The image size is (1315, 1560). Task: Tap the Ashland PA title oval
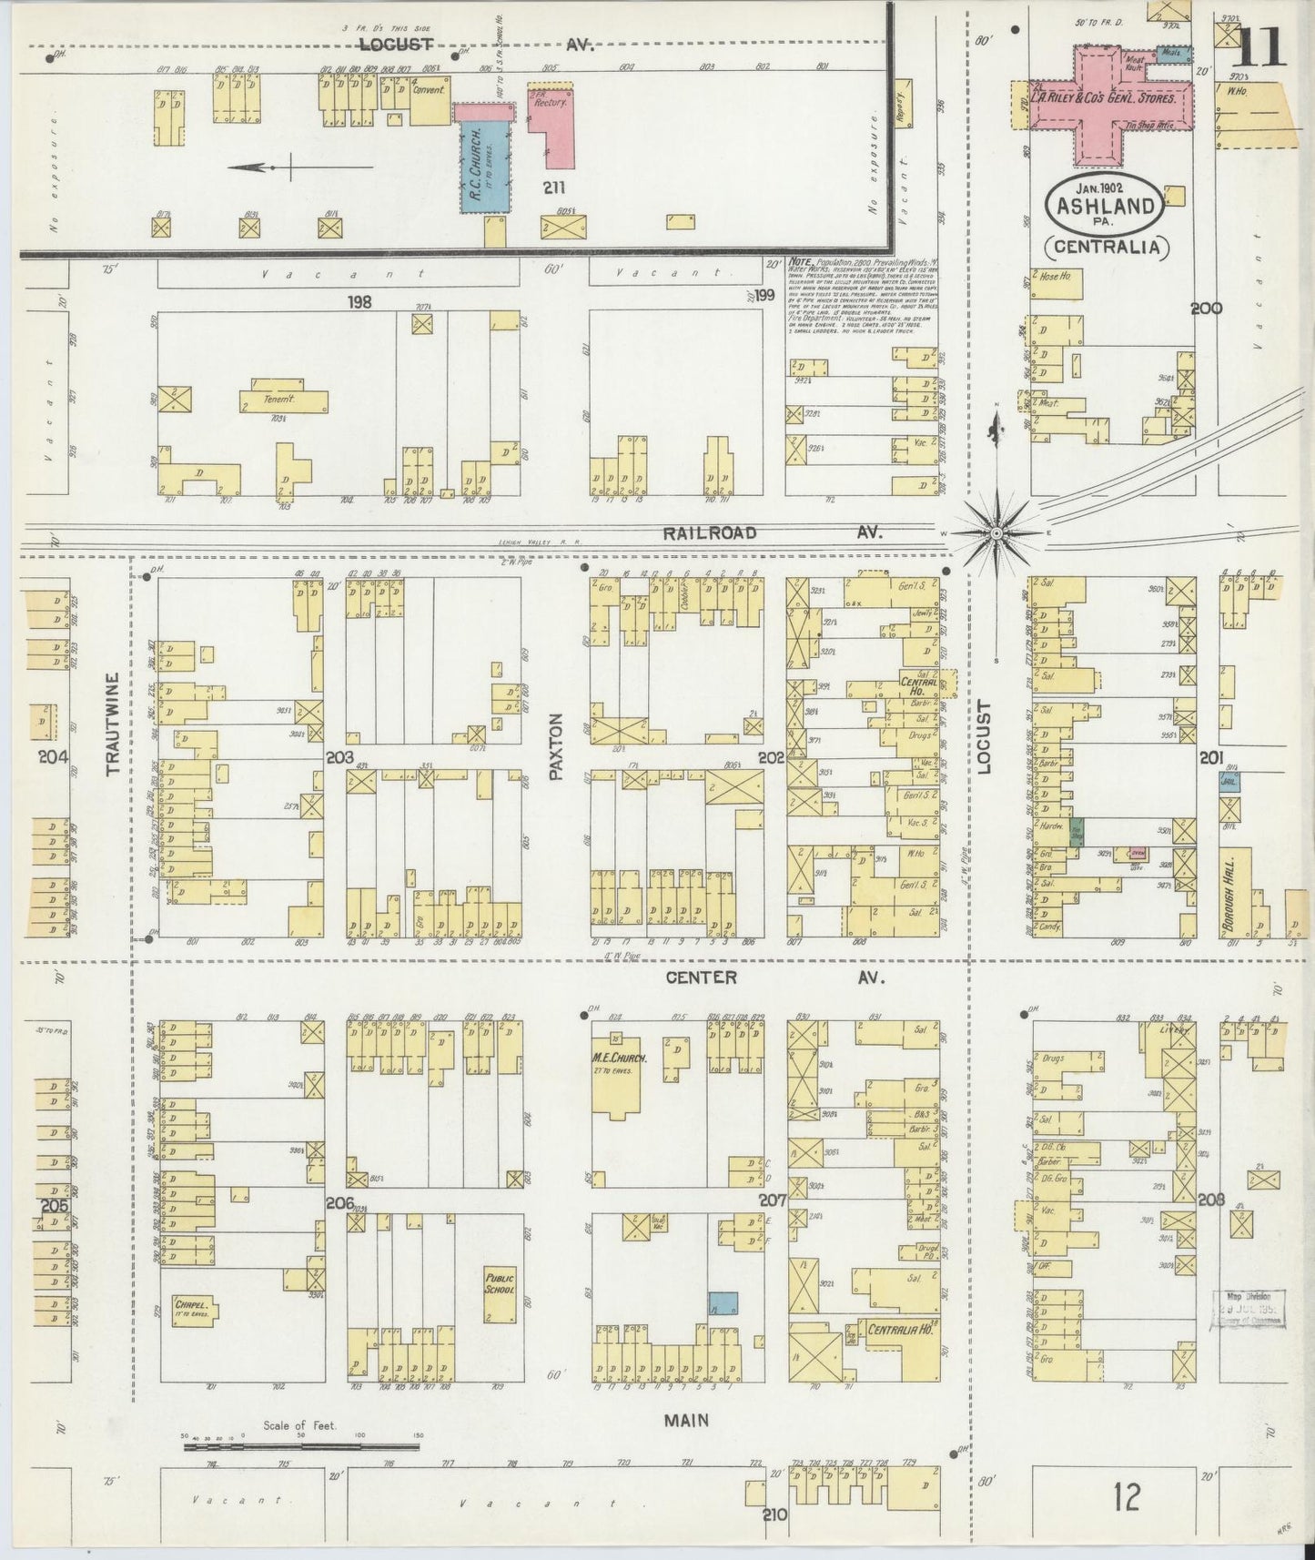pyautogui.click(x=1106, y=206)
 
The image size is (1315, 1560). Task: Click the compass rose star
pyautogui.click(x=996, y=532)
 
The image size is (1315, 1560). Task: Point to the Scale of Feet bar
pyautogui.click(x=300, y=1444)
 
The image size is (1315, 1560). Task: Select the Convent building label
pyautogui.click(x=429, y=90)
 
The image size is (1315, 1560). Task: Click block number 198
pyautogui.click(x=359, y=301)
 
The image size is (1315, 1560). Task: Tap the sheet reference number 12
pyautogui.click(x=1127, y=1497)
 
